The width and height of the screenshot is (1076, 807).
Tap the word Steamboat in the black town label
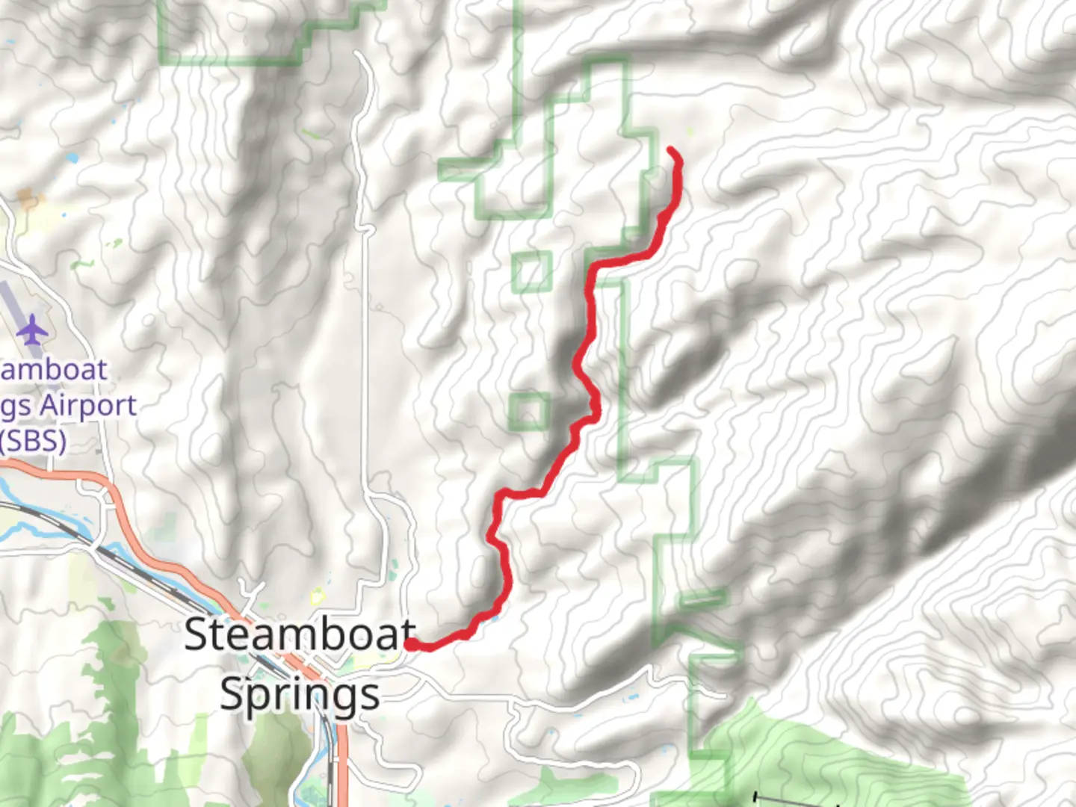point(299,635)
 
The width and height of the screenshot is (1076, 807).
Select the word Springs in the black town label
point(300,694)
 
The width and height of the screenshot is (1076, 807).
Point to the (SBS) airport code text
point(33,440)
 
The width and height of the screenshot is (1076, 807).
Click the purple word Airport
point(88,406)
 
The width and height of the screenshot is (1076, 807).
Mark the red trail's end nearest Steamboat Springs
point(410,643)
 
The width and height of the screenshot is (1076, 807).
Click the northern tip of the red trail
point(670,151)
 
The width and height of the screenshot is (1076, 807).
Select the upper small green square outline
point(532,272)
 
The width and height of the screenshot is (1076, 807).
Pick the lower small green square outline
point(529,412)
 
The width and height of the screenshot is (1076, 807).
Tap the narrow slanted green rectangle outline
point(702,598)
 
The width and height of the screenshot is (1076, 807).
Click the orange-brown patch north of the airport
point(28,200)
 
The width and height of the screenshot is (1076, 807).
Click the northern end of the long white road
point(359,54)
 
